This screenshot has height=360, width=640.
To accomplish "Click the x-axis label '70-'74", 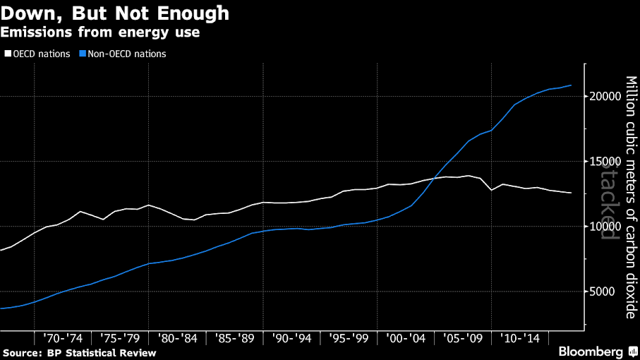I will (x=64, y=338).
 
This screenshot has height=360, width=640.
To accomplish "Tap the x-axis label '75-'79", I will (x=120, y=338).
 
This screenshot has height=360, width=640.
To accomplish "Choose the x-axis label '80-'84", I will (x=177, y=338).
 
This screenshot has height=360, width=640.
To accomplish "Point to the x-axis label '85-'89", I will (x=234, y=338).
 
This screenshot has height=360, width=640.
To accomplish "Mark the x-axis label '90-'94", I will (x=291, y=338).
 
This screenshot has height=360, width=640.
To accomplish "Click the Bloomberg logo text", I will (x=590, y=351).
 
